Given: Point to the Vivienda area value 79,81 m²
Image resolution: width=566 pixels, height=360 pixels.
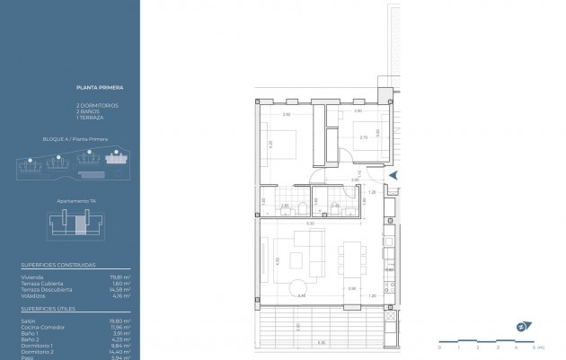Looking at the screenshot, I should [x=121, y=278].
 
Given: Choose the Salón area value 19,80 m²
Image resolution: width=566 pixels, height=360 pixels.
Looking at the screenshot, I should [x=121, y=321].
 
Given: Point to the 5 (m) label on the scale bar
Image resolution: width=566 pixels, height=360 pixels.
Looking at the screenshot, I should [x=537, y=347].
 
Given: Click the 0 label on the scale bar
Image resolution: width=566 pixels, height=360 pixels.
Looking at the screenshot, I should [x=440, y=347].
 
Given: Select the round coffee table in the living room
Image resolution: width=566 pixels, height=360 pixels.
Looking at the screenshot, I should [x=297, y=285].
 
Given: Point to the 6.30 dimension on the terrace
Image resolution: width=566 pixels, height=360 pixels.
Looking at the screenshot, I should [x=321, y=343].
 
